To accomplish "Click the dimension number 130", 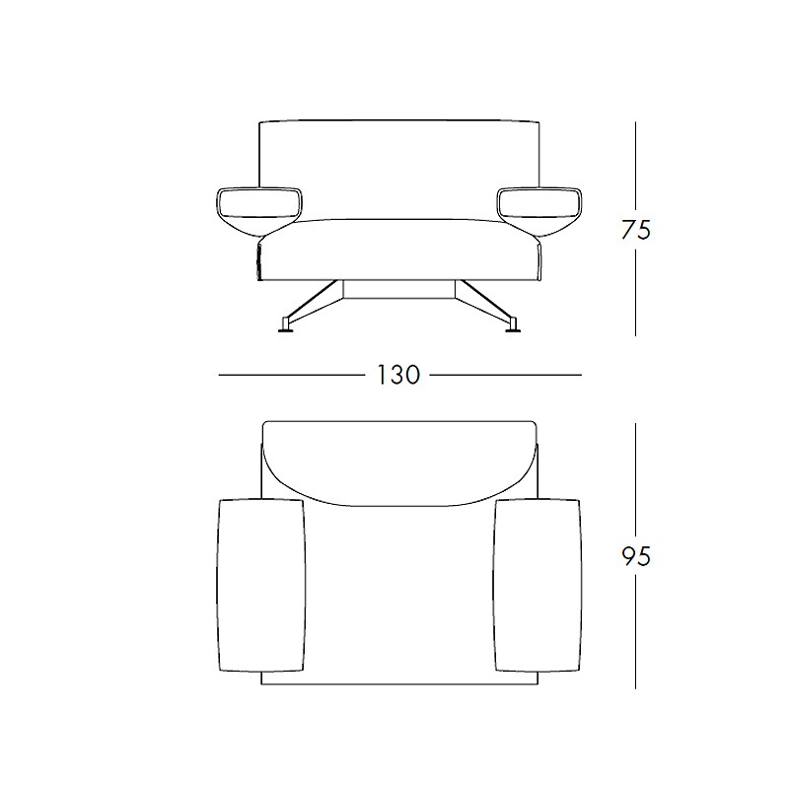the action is coord(398,375).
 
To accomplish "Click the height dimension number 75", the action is coord(635,230).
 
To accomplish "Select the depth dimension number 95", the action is coord(635,556).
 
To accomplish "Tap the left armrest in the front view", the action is coord(259,210).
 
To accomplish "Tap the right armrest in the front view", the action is coord(539,210).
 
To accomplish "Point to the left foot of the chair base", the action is coord(287,326).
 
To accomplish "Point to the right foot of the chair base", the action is coord(513,326).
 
